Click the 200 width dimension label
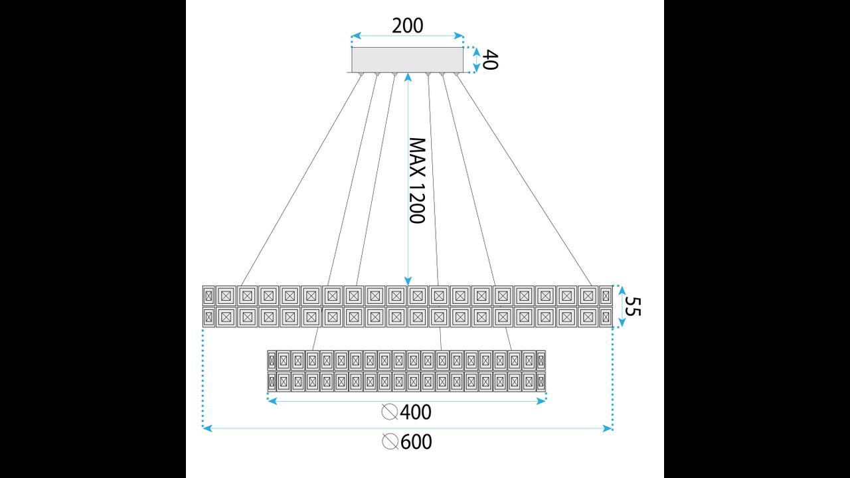(x=407, y=26)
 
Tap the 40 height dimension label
(x=490, y=60)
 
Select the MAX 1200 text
(x=417, y=181)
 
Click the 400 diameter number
(x=416, y=412)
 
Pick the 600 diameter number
(x=416, y=442)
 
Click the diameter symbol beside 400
(x=389, y=412)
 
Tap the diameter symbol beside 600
(x=390, y=442)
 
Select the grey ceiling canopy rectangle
(x=407, y=60)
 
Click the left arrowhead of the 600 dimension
(x=207, y=428)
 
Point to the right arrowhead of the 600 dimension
(x=608, y=428)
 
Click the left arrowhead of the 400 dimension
(x=272, y=401)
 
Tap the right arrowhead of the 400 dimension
(x=541, y=401)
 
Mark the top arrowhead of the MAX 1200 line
(x=408, y=78)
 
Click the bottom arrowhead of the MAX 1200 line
(x=408, y=281)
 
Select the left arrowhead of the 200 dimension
(x=356, y=36)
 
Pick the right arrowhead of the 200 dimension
(x=459, y=36)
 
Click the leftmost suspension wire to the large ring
(x=301, y=180)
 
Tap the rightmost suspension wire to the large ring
(x=524, y=180)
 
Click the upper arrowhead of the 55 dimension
(x=622, y=291)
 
